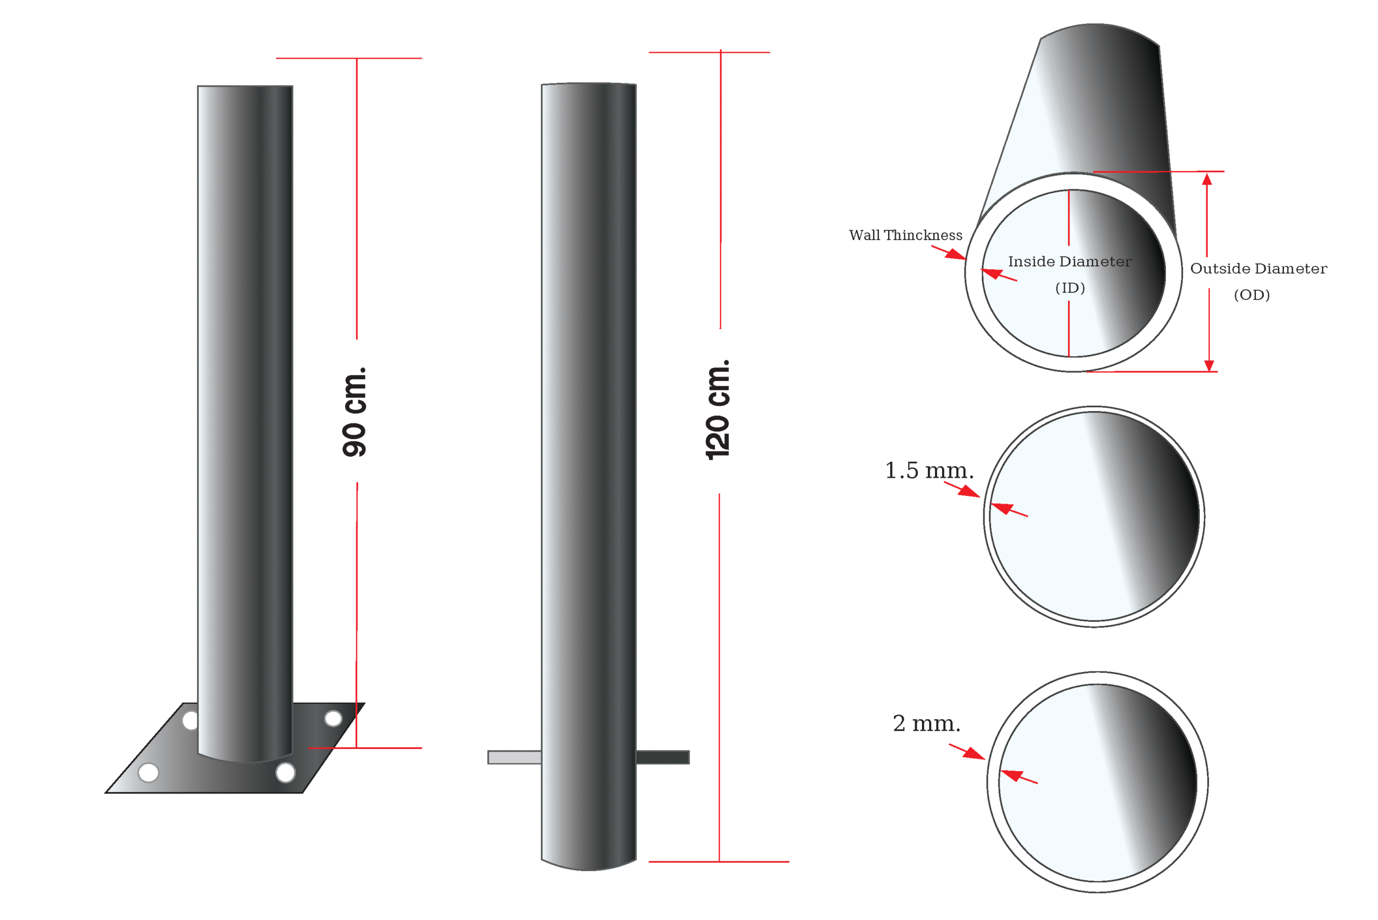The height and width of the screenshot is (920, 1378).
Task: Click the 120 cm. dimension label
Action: pos(717,409)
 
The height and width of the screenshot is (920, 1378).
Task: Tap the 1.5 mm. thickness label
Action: pos(929,471)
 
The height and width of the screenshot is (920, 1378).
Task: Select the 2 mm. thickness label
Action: pos(927,724)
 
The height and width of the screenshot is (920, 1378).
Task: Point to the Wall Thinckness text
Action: pos(905,235)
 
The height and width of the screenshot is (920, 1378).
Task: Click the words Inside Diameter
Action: pos(1070,261)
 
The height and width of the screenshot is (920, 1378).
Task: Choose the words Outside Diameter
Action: pos(1259,268)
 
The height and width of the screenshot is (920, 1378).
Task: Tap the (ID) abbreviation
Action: pos(1070,288)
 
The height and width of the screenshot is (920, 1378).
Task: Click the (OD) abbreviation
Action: pos(1252,295)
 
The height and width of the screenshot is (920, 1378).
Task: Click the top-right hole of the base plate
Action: pos(333,718)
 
